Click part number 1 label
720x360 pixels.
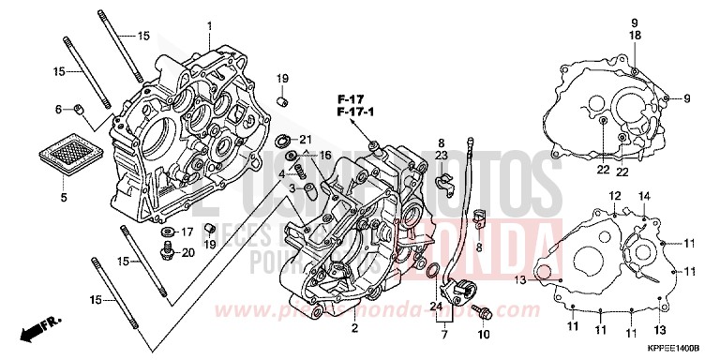point(210,25)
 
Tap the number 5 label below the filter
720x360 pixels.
point(64,198)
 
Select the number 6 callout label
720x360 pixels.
point(57,110)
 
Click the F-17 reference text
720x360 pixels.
point(351,97)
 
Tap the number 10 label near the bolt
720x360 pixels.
point(485,334)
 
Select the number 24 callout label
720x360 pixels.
point(436,306)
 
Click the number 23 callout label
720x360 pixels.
point(442,155)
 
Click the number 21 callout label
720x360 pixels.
point(306,140)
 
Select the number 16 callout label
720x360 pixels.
point(325,155)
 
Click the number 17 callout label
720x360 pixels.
point(187,232)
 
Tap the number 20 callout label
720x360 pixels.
point(187,252)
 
